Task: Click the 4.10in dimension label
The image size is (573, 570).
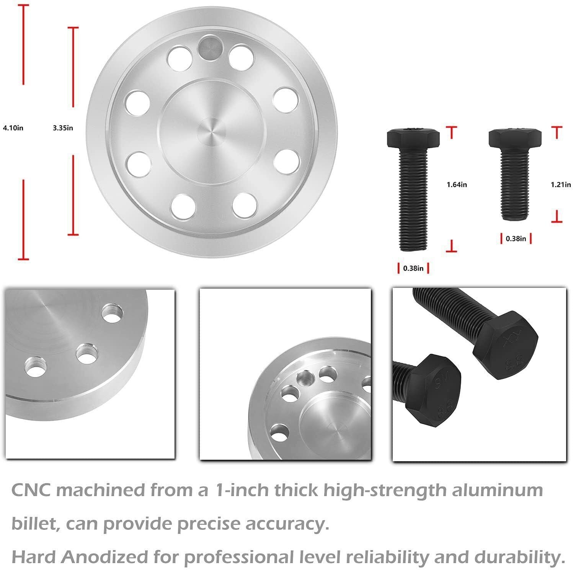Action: point(13,128)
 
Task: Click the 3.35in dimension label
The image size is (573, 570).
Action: point(63,128)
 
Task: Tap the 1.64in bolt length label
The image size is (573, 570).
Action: point(457,185)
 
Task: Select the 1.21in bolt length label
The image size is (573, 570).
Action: point(561,185)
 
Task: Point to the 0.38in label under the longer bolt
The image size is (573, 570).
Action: point(413,268)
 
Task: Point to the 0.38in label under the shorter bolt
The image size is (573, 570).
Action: point(516,239)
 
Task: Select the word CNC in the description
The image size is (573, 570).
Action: point(31,490)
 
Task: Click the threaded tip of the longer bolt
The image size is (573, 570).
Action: point(413,245)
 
